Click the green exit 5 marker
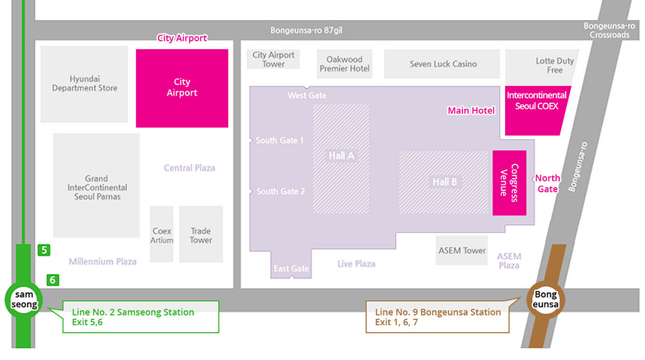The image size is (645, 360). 44,250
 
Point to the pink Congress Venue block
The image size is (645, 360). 510,183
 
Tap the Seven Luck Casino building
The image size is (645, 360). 442,64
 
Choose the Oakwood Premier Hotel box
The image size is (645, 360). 345,64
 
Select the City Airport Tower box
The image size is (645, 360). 273,59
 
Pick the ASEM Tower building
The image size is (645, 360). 462,250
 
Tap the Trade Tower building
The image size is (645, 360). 201,234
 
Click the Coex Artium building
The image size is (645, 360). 162,234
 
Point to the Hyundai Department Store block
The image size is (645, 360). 84,84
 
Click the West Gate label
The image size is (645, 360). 307,95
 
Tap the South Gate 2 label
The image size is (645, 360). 280,191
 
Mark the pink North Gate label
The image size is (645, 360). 548,183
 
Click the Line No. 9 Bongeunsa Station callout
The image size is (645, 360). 438,317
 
